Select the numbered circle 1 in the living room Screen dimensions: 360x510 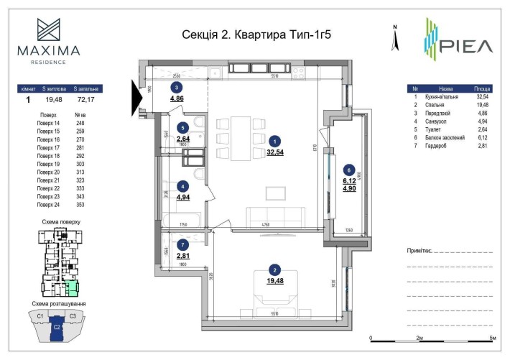(274, 142)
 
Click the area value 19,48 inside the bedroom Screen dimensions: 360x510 (274, 280)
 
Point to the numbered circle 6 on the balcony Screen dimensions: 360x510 (349, 170)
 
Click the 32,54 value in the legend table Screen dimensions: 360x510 (483, 95)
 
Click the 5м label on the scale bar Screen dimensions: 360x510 (492, 338)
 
